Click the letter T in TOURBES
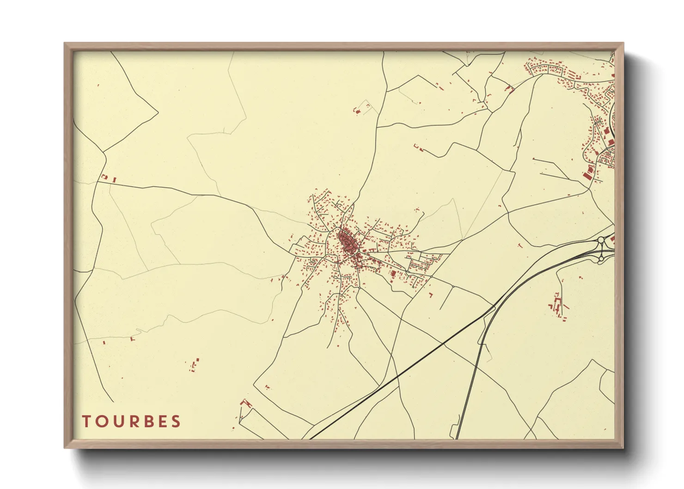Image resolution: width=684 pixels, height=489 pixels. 86,421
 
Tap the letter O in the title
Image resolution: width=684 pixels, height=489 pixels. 101,421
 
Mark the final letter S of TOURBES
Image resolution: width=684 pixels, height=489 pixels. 175,421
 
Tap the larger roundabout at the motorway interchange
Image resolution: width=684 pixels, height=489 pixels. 602,240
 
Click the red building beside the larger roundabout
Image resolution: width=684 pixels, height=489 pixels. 612,239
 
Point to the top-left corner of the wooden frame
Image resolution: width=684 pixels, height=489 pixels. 65,43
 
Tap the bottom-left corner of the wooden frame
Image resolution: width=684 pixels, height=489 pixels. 65,447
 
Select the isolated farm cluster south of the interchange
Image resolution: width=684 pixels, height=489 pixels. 558,305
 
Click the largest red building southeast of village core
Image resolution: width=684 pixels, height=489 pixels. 393,274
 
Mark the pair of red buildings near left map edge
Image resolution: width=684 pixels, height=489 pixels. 109,178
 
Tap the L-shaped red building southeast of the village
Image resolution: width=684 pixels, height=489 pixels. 431,294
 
